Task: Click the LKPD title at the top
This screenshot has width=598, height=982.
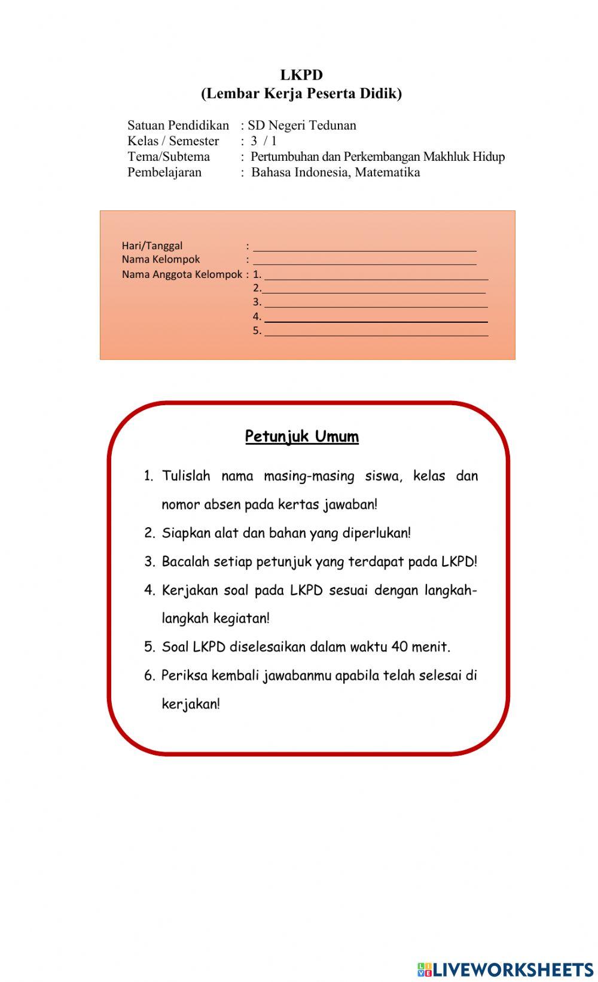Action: pyautogui.click(x=301, y=75)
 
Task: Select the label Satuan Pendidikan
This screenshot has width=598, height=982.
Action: pyautogui.click(x=178, y=126)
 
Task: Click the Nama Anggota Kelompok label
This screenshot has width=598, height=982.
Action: pyautogui.click(x=182, y=274)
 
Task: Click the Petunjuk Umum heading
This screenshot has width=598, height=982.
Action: pyautogui.click(x=302, y=436)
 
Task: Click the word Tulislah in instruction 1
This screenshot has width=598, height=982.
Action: pyautogui.click(x=186, y=476)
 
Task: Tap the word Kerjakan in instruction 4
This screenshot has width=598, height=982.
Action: pyautogui.click(x=188, y=591)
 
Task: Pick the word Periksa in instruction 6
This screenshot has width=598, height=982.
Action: pyautogui.click(x=184, y=675)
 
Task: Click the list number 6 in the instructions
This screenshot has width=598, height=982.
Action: pyautogui.click(x=149, y=676)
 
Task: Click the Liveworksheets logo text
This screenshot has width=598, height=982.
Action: pyautogui.click(x=511, y=969)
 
